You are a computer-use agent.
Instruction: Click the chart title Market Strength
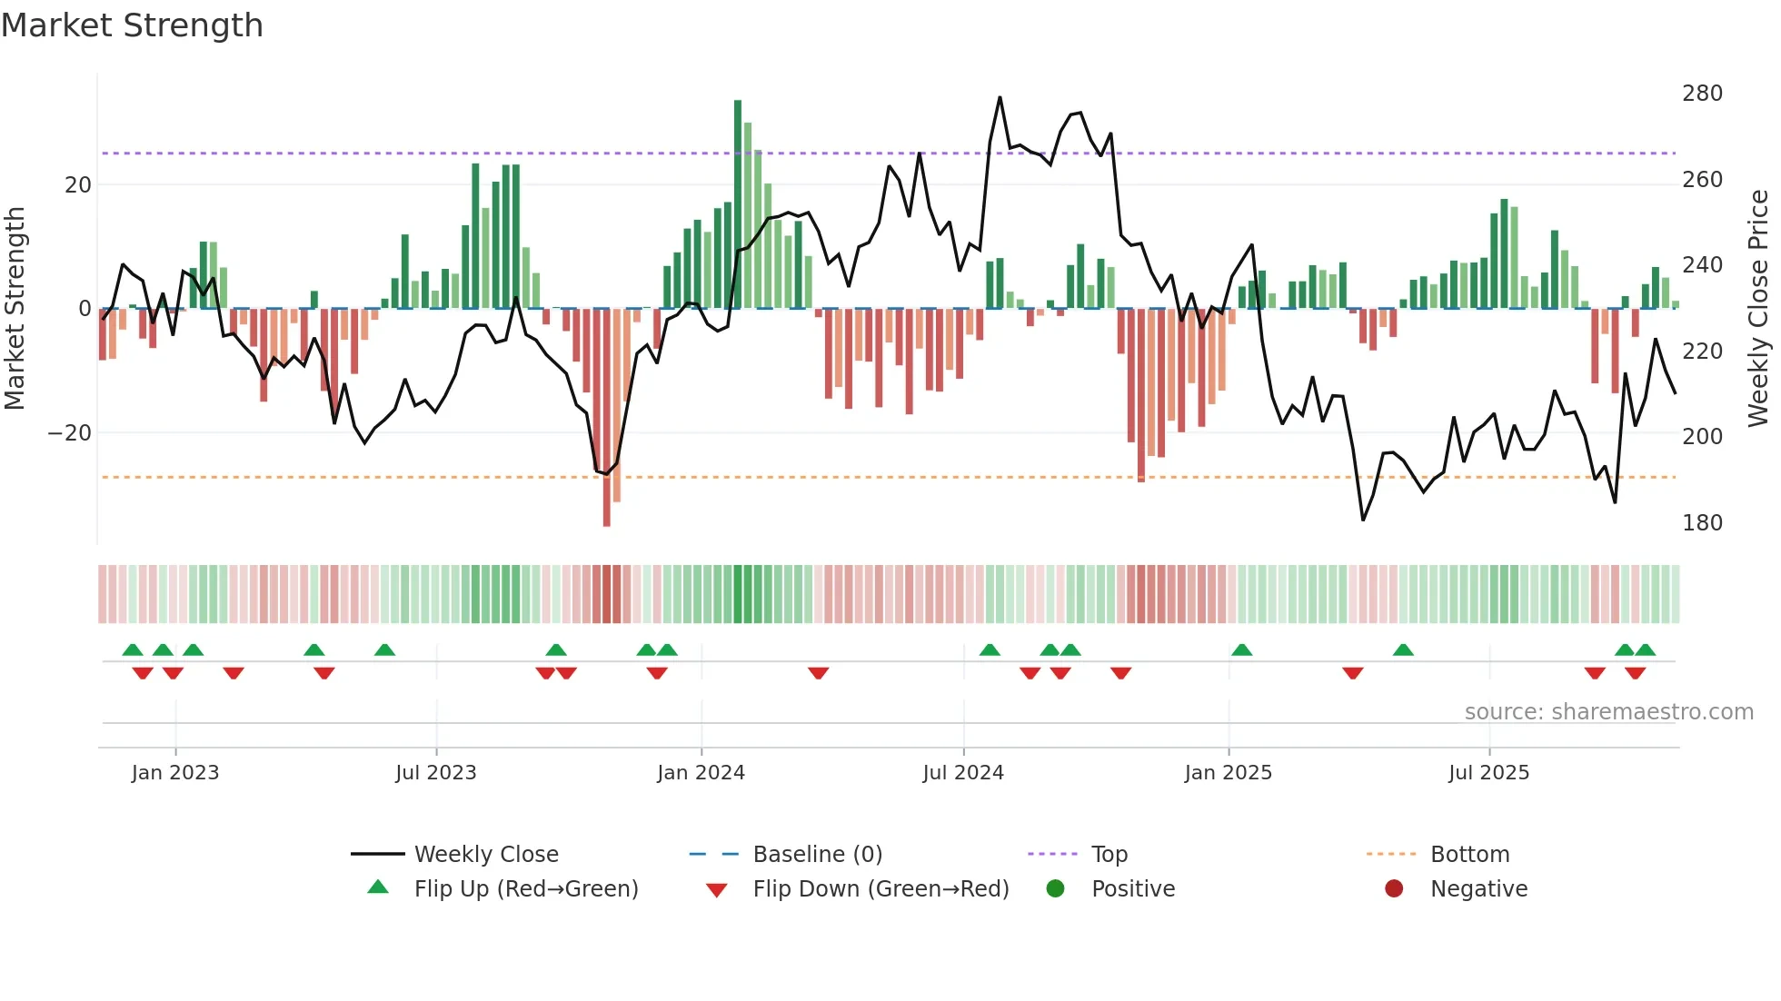coord(132,25)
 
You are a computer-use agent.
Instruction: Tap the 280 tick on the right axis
coord(1701,94)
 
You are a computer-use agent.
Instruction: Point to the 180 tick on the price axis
coord(1701,523)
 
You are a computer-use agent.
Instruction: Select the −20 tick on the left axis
coord(69,433)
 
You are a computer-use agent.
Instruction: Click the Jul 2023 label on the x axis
coord(435,773)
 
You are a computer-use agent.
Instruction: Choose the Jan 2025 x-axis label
coord(1228,773)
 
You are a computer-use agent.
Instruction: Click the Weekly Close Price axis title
coord(1759,309)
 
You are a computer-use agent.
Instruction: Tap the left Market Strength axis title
coord(15,309)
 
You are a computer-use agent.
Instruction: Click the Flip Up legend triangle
coord(378,887)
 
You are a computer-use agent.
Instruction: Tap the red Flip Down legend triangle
coord(716,890)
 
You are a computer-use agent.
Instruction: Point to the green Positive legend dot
coord(1055,888)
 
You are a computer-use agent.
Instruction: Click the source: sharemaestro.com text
coord(1608,712)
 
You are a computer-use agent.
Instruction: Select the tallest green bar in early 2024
coord(738,204)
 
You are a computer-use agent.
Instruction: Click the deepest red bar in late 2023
coord(606,418)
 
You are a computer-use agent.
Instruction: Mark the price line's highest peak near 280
coord(1000,98)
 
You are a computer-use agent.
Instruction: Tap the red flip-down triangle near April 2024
coord(818,673)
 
